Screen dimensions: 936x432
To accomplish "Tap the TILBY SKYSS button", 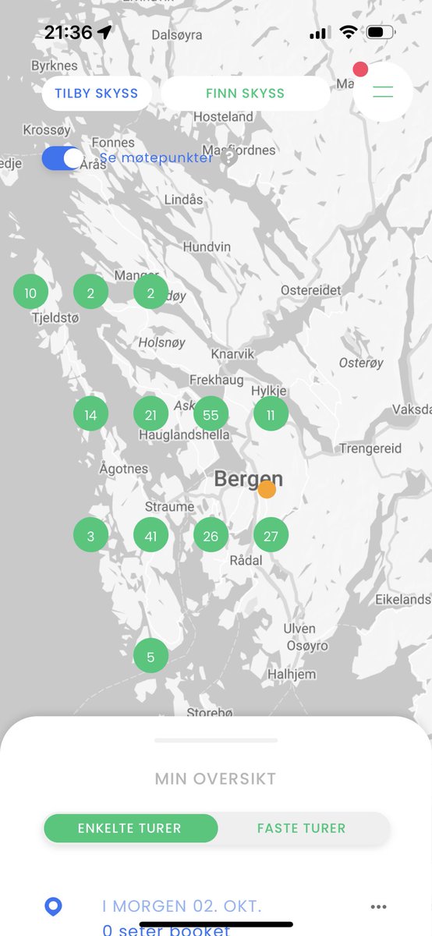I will pyautogui.click(x=96, y=94).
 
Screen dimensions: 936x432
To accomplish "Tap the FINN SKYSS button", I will pyautogui.click(x=245, y=94).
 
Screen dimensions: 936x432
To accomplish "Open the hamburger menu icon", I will pyautogui.click(x=383, y=92).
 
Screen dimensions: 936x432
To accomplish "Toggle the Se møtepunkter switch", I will pyautogui.click(x=62, y=158).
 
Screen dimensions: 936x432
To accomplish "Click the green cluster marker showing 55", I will pyautogui.click(x=211, y=415).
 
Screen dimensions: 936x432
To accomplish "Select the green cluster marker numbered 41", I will pyautogui.click(x=150, y=536).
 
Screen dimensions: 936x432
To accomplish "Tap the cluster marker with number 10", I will pyautogui.click(x=30, y=293).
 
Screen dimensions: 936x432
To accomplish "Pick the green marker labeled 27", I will pyautogui.click(x=271, y=536).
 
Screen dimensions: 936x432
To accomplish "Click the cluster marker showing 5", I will pyautogui.click(x=150, y=657).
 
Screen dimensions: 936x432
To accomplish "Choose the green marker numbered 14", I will pyautogui.click(x=90, y=415).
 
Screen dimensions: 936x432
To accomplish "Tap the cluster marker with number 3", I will pyautogui.click(x=90, y=536).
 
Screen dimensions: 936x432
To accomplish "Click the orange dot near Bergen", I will pyautogui.click(x=267, y=489).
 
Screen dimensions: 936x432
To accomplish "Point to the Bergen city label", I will pyautogui.click(x=248, y=478).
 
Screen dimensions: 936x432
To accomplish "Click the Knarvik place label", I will pyautogui.click(x=232, y=354).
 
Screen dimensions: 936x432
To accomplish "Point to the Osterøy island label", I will pyautogui.click(x=361, y=363).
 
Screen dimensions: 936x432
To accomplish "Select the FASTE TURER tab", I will pyautogui.click(x=301, y=828).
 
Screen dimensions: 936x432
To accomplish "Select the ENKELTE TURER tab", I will pyautogui.click(x=129, y=828).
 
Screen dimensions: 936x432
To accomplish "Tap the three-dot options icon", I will pyautogui.click(x=378, y=907).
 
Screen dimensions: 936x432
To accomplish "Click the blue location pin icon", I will pyautogui.click(x=53, y=907).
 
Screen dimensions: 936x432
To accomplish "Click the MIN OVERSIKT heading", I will pyautogui.click(x=215, y=778).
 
